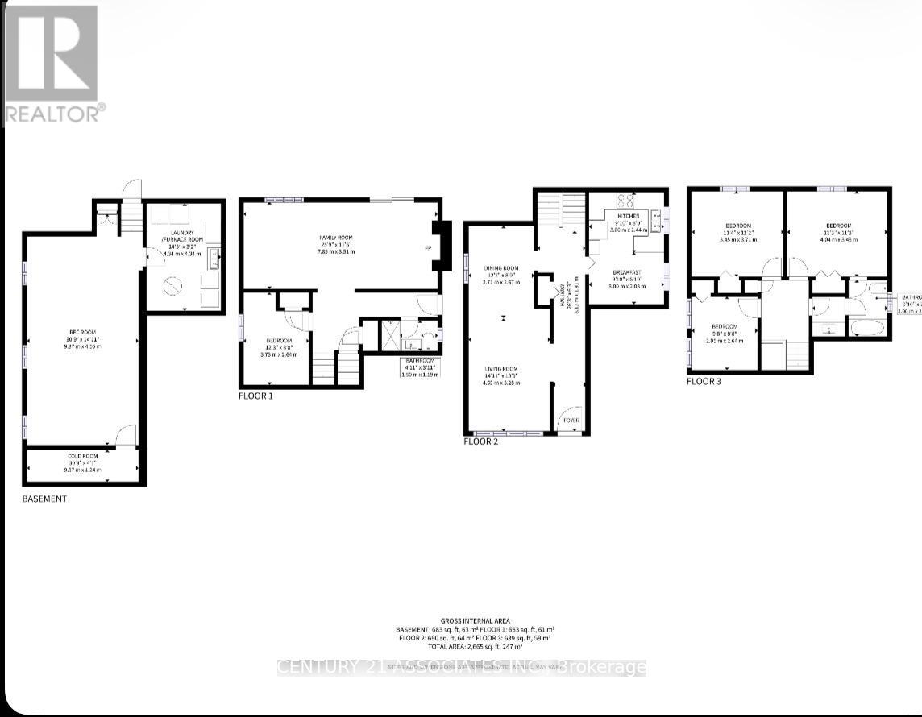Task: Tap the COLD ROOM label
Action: coord(82,456)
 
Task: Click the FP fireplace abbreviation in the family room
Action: coord(427,248)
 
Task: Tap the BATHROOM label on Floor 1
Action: coord(419,360)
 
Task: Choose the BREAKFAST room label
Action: coord(627,272)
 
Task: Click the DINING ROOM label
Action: coord(500,268)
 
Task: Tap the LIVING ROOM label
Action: coord(500,369)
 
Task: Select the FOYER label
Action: coord(571,420)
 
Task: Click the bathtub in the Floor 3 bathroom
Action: coord(867,328)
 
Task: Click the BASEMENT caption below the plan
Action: coord(44,499)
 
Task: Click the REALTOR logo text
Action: coord(53,113)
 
